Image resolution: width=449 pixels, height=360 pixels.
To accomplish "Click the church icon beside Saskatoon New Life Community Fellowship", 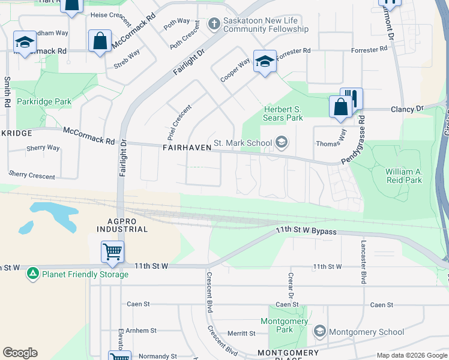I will pyautogui.click(x=213, y=24).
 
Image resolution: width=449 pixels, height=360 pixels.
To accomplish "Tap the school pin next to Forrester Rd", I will pyautogui.click(x=265, y=61).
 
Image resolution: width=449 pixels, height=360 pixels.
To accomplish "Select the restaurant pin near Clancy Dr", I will pyautogui.click(x=352, y=98).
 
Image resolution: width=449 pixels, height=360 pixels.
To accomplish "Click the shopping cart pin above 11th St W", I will pyautogui.click(x=112, y=253).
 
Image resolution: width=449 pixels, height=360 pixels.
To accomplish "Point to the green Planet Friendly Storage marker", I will pyautogui.click(x=32, y=274).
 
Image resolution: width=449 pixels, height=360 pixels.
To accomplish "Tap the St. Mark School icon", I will pyautogui.click(x=280, y=143).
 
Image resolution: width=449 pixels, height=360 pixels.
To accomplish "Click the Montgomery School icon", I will pyautogui.click(x=320, y=332).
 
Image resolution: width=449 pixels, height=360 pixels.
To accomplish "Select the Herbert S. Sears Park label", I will pyautogui.click(x=283, y=113).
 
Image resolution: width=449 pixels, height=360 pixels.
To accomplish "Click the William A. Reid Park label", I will pyautogui.click(x=403, y=176).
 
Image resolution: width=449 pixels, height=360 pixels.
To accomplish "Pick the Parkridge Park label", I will pyautogui.click(x=44, y=101).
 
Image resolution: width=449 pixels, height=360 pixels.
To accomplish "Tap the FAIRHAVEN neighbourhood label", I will pyautogui.click(x=186, y=148).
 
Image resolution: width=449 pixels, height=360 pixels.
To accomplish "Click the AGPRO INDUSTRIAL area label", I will pyautogui.click(x=123, y=225).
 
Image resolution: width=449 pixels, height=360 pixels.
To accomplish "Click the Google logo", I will pyautogui.click(x=20, y=353).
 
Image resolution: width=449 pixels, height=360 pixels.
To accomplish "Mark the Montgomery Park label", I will pyautogui.click(x=285, y=325).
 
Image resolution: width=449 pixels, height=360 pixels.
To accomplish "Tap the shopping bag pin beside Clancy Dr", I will pyautogui.click(x=340, y=107).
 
